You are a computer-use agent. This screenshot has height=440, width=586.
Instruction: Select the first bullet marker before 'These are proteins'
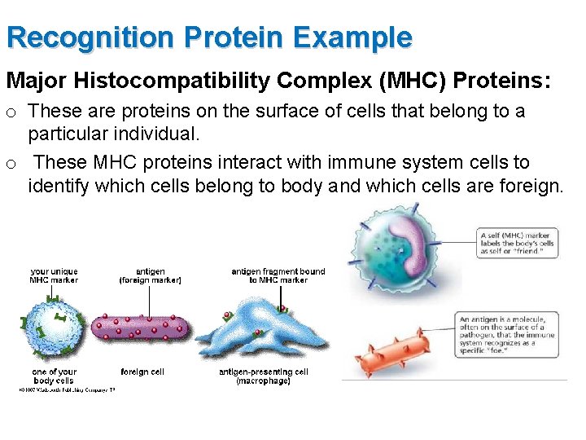pyautogui.click(x=11, y=112)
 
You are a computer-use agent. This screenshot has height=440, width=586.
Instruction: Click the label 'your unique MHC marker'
pyautogui.click(x=54, y=275)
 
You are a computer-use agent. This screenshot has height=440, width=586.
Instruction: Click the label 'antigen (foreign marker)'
pyautogui.click(x=150, y=275)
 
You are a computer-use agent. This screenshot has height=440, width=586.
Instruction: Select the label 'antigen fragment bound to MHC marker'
pyautogui.click(x=278, y=275)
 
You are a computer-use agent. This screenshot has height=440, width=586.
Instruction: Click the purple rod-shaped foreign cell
pyautogui.click(x=143, y=328)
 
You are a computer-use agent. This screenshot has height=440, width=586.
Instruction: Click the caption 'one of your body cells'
pyautogui.click(x=54, y=376)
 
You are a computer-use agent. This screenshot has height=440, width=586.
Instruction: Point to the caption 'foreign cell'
pyautogui.click(x=142, y=372)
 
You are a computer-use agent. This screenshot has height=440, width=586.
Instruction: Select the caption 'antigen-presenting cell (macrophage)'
pyautogui.click(x=263, y=376)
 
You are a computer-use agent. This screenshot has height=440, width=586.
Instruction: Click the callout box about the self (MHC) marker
pyautogui.click(x=518, y=243)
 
